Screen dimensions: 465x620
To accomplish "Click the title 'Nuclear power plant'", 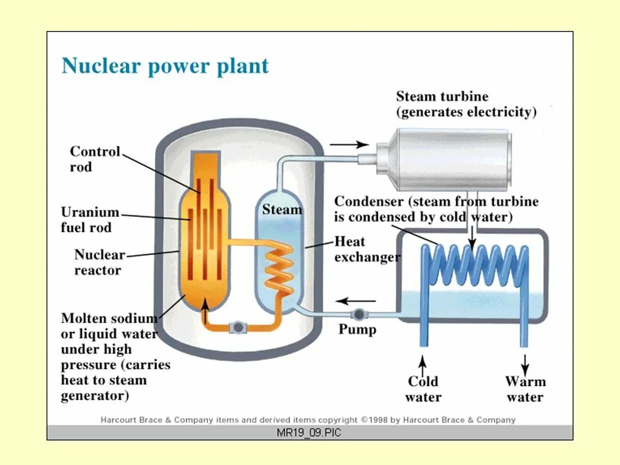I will click(x=165, y=67).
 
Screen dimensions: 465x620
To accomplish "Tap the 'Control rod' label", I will click(x=95, y=159).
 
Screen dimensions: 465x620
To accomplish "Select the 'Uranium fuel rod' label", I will click(x=90, y=220).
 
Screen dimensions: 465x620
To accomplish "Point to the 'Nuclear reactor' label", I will click(x=99, y=262).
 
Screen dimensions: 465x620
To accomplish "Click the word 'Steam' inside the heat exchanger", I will click(x=282, y=210).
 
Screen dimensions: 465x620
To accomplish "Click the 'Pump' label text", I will click(x=357, y=329).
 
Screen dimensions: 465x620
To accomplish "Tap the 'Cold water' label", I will click(x=423, y=389).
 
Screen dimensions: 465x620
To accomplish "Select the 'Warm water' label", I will click(x=525, y=389).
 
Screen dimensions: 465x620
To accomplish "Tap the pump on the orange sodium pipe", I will click(x=238, y=327).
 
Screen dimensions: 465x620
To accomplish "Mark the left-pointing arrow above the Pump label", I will click(x=356, y=300).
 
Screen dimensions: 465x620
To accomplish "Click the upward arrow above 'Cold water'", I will click(x=423, y=359).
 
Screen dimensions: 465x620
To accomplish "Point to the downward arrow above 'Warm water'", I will click(x=524, y=360).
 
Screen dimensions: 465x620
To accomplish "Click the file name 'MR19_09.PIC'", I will click(x=309, y=433).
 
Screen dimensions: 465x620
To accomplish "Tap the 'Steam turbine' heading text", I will click(x=442, y=97).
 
